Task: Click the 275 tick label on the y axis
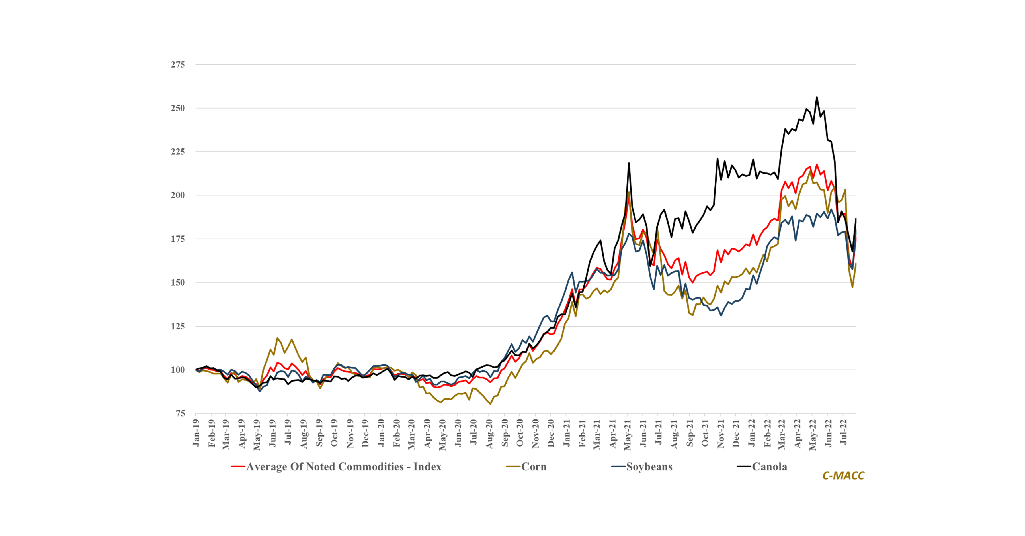click(178, 64)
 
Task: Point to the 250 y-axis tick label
click(178, 108)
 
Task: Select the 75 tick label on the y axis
click(180, 414)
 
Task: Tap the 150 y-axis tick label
click(178, 283)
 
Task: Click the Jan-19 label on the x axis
click(196, 433)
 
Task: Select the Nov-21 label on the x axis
click(720, 434)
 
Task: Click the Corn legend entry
click(534, 467)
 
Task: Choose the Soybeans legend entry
click(649, 467)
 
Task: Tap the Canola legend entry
click(769, 467)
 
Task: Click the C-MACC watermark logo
click(843, 476)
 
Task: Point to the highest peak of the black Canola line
click(817, 97)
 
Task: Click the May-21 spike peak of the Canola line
click(629, 163)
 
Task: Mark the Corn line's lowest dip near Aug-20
click(490, 404)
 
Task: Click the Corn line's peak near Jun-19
click(277, 338)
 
